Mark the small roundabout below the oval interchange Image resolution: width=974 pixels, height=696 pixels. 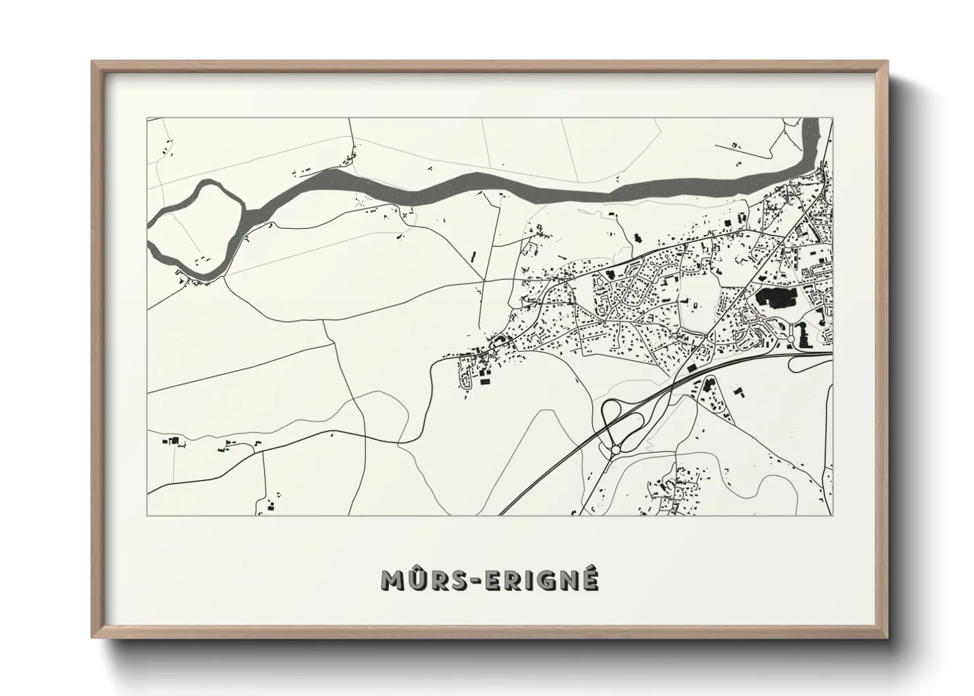point(616,450)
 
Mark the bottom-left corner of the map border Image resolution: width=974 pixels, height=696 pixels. point(147,515)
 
